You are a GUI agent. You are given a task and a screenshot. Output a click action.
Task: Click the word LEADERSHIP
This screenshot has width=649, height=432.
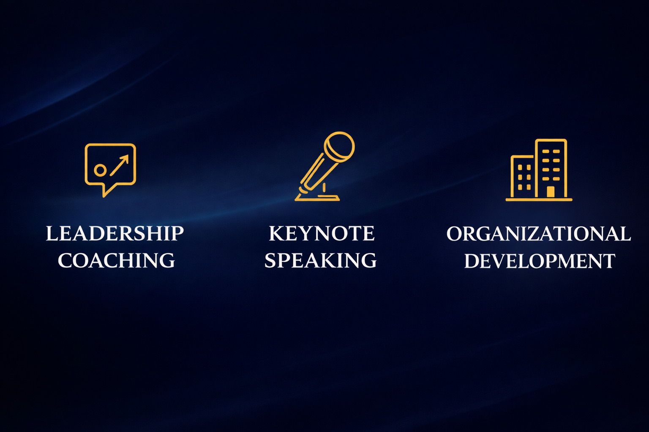tap(115, 233)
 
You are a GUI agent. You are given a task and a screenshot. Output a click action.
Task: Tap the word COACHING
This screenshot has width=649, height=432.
tap(116, 260)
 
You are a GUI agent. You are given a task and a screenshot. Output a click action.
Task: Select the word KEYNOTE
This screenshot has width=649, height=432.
tap(322, 233)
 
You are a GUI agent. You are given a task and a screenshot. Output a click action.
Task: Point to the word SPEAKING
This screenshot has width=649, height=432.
tap(320, 260)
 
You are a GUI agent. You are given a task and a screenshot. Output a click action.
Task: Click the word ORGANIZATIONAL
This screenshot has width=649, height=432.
tap(539, 234)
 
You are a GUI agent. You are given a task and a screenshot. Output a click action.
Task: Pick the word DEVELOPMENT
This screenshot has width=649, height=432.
tap(540, 261)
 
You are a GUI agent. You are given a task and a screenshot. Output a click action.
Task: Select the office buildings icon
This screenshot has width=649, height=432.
tap(539, 170)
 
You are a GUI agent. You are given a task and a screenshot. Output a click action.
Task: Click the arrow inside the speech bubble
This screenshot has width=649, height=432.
tap(120, 165)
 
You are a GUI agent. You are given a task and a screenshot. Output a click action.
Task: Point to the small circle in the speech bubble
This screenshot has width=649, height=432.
tap(100, 170)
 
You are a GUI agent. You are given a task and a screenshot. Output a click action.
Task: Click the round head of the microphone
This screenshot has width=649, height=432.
tap(339, 146)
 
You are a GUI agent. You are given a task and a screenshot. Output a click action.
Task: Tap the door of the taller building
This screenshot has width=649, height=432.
tap(550, 192)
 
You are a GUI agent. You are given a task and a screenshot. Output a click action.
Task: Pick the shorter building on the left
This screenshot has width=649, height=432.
tap(523, 176)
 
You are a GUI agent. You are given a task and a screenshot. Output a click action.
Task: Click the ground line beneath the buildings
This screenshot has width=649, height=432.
tap(539, 200)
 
